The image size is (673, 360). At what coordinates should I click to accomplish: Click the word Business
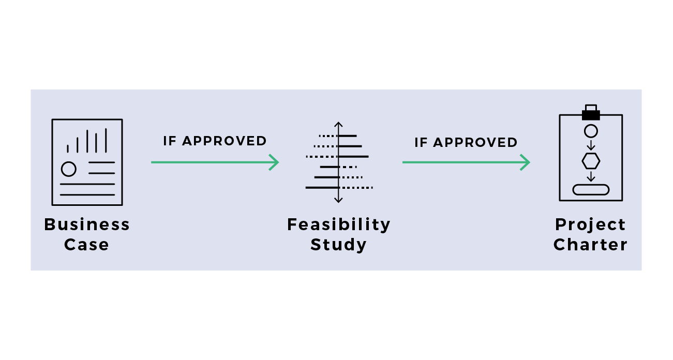87,224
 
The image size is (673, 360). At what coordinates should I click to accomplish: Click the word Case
87,244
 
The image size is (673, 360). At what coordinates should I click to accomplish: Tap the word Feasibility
339,224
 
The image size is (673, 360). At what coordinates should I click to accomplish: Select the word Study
339,244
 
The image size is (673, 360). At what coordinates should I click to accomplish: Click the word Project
590,224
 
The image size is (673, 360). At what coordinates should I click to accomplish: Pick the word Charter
590,244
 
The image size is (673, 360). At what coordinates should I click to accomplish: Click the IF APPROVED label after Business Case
215,141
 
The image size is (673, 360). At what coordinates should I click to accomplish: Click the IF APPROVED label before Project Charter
466,142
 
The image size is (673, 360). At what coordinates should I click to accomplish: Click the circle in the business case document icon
68,169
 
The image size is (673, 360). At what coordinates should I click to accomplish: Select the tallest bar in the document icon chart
106,140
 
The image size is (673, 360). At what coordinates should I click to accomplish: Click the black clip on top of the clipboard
591,113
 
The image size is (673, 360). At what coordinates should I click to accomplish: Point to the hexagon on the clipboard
591,161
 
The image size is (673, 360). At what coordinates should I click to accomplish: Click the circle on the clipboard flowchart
591,131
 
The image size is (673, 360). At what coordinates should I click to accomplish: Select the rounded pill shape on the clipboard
591,190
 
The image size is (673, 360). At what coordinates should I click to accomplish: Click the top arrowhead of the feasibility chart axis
338,125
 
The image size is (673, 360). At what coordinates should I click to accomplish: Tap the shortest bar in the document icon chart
68,148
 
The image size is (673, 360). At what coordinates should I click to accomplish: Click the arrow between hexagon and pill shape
591,176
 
